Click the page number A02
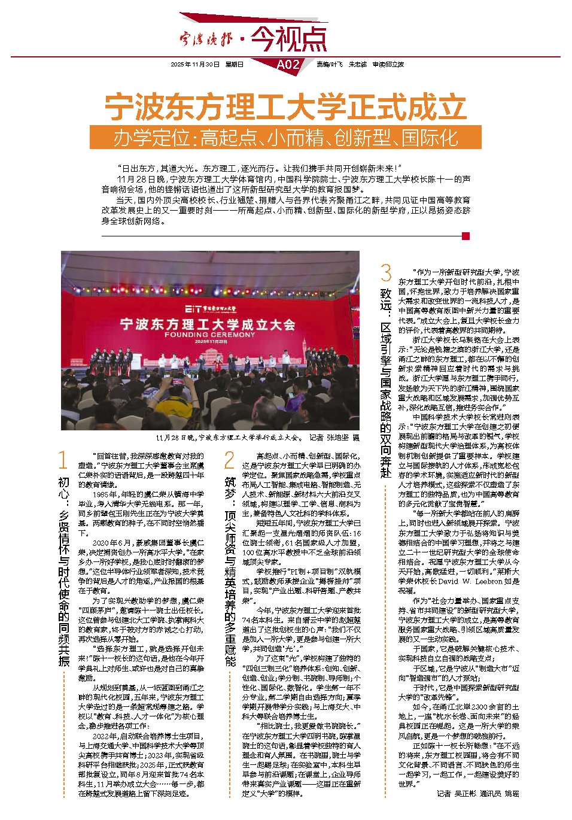[x=288, y=65]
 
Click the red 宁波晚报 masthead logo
[x=206, y=40]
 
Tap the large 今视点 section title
[x=289, y=39]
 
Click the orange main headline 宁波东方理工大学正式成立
[x=285, y=107]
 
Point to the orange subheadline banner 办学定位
[x=285, y=138]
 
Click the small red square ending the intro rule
[x=466, y=236]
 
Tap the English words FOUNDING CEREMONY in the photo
[x=209, y=335]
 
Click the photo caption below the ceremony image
[x=258, y=438]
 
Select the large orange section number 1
[x=63, y=460]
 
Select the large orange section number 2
[x=229, y=460]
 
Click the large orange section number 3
[x=386, y=274]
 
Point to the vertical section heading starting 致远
[x=386, y=383]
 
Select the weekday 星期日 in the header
[x=234, y=65]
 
